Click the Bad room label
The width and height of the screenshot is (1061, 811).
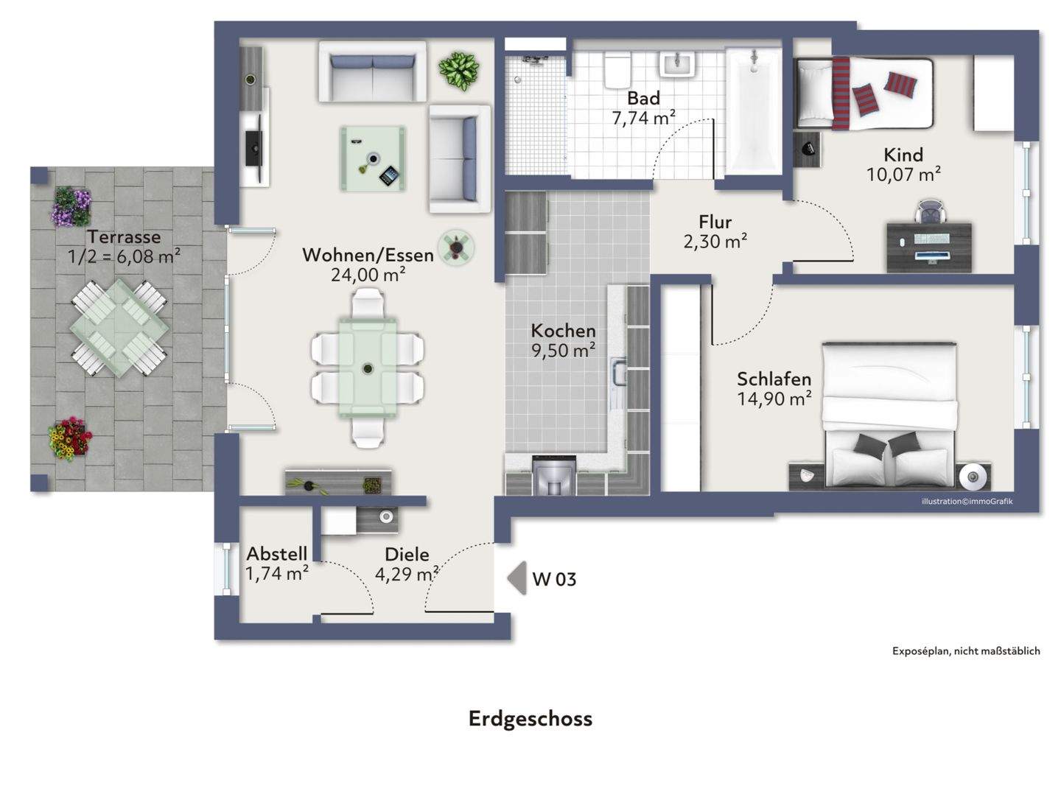pos(643,98)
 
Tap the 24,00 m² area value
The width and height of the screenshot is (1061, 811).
pos(368,275)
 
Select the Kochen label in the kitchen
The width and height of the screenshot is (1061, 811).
pos(563,331)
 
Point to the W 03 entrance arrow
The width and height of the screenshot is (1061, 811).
pos(517,578)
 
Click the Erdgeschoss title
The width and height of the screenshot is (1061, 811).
pos(530,719)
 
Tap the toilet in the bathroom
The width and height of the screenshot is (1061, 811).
pos(617,69)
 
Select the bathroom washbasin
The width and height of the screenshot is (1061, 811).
pos(678,64)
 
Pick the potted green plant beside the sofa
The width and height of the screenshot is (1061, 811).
pos(459,71)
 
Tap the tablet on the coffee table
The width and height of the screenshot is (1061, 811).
pos(389,175)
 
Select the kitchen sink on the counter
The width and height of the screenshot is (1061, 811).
pos(618,371)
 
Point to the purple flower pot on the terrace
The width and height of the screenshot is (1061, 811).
pos(71,207)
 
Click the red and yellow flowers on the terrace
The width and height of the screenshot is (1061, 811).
pos(69,438)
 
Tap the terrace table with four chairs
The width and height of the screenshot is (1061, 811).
pos(119,329)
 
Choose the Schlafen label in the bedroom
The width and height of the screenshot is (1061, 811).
pos(774,379)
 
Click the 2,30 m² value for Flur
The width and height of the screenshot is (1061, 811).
pos(715,242)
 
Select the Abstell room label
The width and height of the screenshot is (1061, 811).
pos(277,553)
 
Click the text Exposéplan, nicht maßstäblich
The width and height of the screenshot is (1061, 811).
pos(966,651)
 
